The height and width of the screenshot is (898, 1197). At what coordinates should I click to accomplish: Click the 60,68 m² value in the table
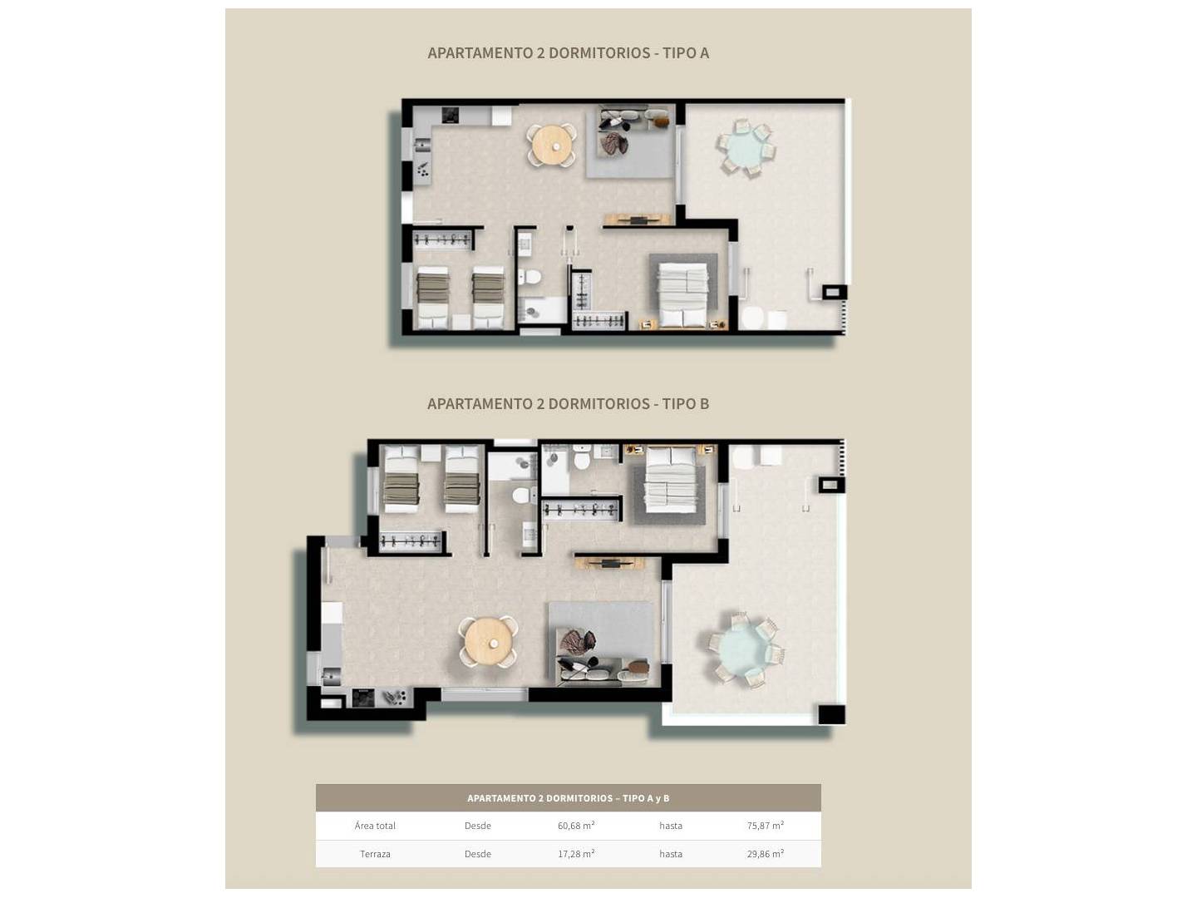click(576, 826)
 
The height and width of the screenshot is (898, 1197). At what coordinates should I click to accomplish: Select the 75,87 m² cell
click(765, 826)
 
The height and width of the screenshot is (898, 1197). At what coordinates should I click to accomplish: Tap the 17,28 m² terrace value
click(576, 854)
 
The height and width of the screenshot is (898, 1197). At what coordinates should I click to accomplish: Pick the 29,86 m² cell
click(765, 854)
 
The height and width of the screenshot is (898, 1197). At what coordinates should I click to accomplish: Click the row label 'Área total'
click(375, 826)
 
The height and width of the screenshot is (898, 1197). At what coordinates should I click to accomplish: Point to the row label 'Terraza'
click(375, 854)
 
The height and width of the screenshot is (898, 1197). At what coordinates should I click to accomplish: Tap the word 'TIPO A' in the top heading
click(686, 53)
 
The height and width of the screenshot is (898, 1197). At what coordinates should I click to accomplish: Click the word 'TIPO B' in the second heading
click(685, 404)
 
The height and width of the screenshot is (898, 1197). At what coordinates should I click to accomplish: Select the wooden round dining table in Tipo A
click(553, 145)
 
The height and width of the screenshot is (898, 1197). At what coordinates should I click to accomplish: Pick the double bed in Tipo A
click(683, 295)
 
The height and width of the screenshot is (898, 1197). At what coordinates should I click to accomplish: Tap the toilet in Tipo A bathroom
click(529, 278)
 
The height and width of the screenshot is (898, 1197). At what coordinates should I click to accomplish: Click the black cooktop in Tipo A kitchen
click(450, 115)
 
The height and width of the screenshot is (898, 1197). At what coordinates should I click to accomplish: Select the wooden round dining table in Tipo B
click(487, 642)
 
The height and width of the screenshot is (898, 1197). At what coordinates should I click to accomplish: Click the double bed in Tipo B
click(670, 480)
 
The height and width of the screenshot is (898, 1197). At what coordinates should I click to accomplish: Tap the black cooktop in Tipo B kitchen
click(363, 698)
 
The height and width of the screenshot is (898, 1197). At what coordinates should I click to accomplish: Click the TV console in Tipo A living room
click(637, 220)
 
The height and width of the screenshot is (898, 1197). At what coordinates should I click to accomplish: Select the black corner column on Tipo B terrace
click(832, 713)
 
